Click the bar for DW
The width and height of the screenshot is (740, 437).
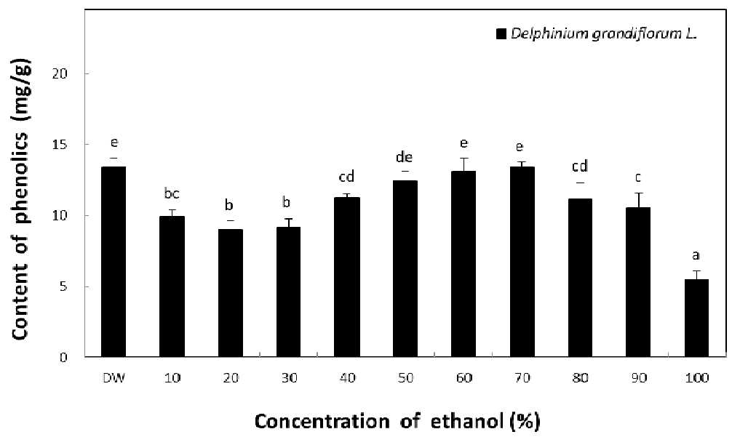tap(114, 262)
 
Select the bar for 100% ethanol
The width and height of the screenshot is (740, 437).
tap(696, 318)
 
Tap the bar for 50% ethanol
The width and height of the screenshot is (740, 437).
tap(405, 269)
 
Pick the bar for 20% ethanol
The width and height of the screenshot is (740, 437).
tap(231, 293)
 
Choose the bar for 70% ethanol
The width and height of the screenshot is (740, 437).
tap(522, 262)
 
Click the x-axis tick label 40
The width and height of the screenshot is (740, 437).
tap(347, 378)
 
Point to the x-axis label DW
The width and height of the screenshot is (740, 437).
tap(114, 378)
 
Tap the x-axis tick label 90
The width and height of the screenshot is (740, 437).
tap(639, 378)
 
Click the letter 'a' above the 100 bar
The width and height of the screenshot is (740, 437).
tap(696, 256)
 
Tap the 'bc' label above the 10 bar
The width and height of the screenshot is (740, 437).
tap(172, 193)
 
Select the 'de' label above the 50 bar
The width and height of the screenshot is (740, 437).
tap(405, 157)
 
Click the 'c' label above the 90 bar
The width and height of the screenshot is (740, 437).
tap(637, 178)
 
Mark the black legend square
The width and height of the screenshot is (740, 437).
tap(501, 34)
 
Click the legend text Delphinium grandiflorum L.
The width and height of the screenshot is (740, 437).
tap(604, 34)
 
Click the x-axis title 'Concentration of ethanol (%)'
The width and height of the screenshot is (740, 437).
tap(397, 421)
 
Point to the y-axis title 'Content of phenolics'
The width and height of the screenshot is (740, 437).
tap(19, 226)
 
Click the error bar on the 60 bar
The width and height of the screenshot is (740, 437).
tap(464, 164)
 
